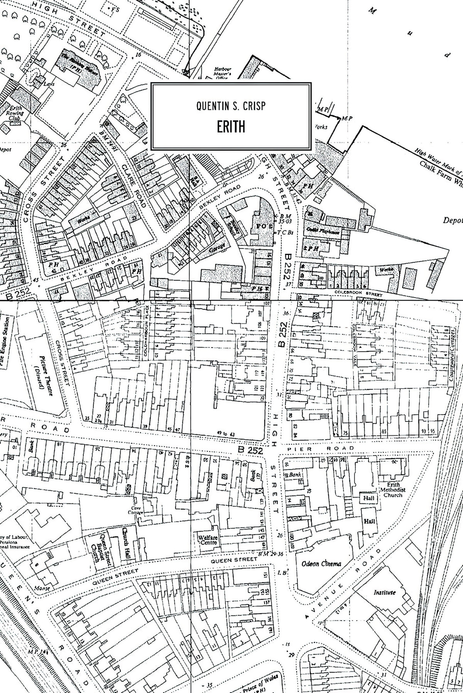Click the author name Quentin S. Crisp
(x=231, y=106)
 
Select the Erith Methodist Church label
(x=393, y=490)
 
